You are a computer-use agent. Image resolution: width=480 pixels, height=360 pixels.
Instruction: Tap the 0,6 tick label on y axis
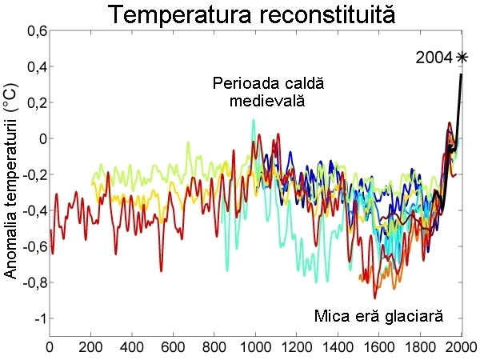(34, 30)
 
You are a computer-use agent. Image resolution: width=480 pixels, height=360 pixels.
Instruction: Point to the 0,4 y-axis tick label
(34, 66)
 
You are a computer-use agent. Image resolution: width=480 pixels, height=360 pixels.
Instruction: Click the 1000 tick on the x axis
(255, 349)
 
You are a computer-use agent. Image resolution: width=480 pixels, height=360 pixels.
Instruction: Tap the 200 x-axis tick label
(90, 349)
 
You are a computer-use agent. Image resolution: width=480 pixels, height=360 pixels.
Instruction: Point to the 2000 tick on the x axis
(461, 349)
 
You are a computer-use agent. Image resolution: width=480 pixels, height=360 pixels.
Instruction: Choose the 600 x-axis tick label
(173, 349)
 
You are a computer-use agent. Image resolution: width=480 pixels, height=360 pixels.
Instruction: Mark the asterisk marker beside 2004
(462, 57)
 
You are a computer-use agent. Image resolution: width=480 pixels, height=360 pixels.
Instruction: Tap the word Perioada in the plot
(242, 83)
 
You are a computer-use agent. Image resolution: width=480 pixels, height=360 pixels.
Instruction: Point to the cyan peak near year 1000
(254, 121)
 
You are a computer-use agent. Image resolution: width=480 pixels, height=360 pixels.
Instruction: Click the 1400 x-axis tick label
(338, 349)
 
